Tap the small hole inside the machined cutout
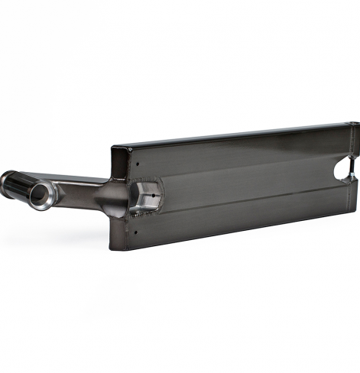pyautogui.click(x=155, y=195)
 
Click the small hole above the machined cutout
pyautogui.click(x=136, y=163)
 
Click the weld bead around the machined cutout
pyautogui.click(x=160, y=181)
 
